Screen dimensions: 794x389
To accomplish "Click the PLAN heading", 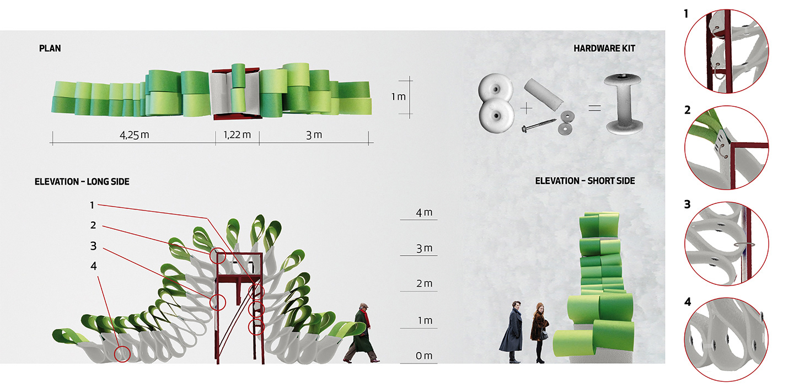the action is pos(50,48).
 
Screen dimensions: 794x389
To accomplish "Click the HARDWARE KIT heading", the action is pos(604,48).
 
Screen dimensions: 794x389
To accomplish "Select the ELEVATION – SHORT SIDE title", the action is pos(585,181).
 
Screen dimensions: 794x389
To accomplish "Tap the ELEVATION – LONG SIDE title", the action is pos(82,181).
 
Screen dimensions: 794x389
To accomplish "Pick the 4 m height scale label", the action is pos(424,213).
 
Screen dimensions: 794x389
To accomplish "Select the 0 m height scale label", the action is pos(424,356).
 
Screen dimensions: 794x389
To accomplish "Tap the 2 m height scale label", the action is pos(424,284).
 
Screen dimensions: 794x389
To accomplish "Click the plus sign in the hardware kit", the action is pos(527,109).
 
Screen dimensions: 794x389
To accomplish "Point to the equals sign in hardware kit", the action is pos(594,109).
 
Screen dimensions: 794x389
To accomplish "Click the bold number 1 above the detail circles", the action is pos(686,14).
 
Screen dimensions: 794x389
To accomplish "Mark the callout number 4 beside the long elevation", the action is pos(94,266).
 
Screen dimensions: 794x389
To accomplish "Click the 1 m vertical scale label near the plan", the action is pos(398,96).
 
